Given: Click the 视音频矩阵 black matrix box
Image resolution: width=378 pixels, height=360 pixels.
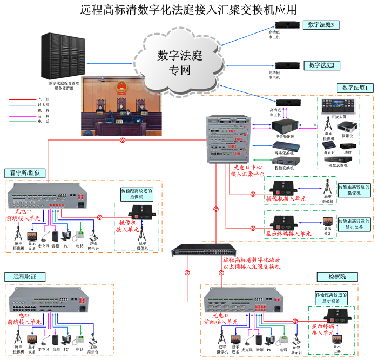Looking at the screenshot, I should (284, 125).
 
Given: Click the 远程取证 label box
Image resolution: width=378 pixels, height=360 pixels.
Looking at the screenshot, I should (25, 276).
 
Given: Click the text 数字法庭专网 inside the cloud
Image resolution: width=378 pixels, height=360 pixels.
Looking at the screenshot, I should (179, 62).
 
